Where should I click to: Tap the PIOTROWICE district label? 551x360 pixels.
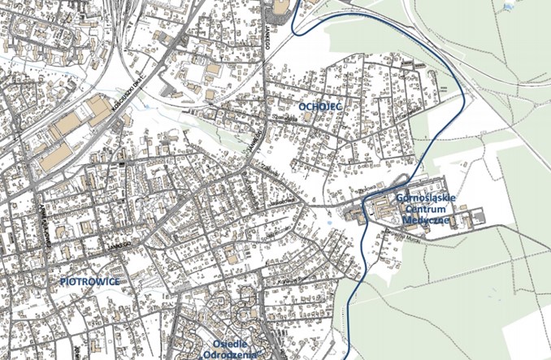[x=90, y=281]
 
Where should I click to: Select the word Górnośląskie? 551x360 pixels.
[x=423, y=197]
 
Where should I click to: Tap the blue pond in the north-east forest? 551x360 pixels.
[x=510, y=4]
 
